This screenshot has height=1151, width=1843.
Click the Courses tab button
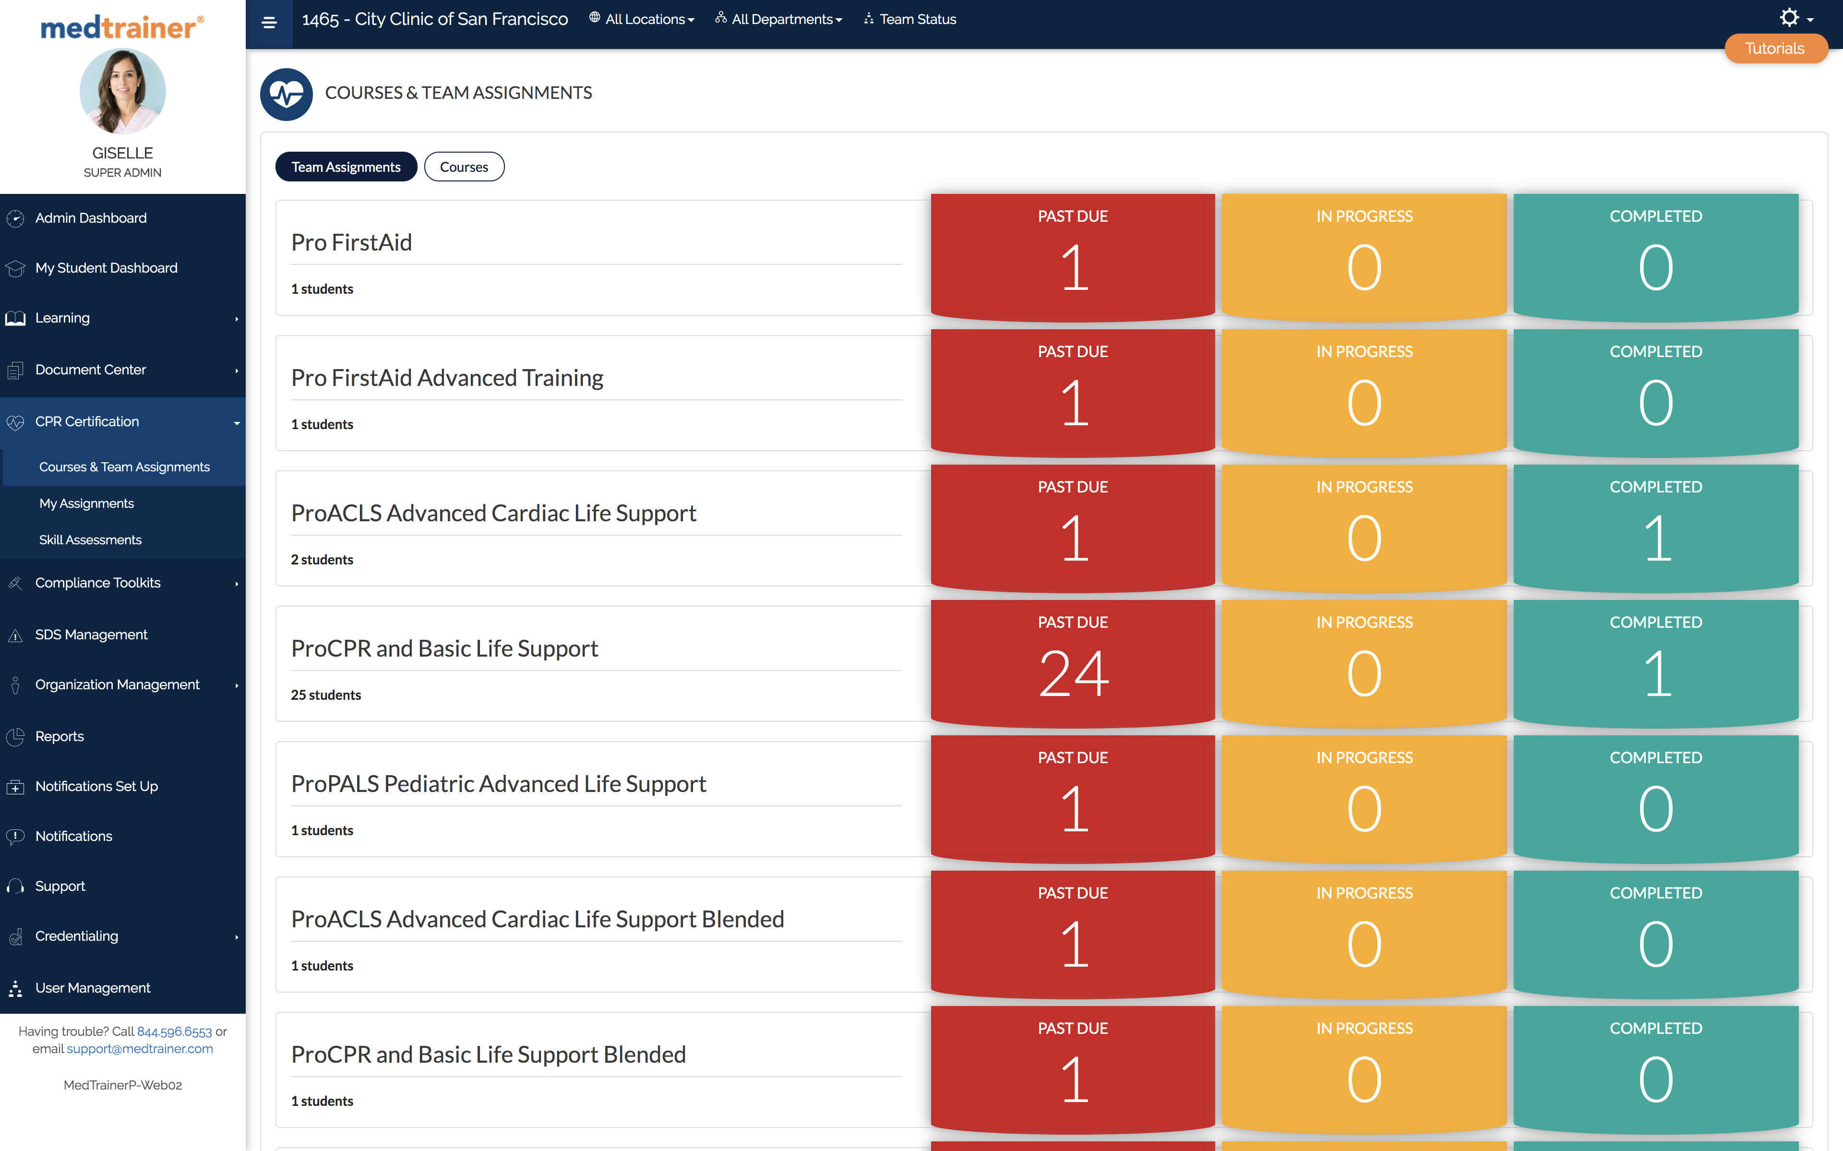coord(464,167)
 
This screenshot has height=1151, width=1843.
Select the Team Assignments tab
coord(346,167)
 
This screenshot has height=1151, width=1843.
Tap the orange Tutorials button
coord(1774,49)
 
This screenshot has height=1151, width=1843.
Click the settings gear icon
coord(1790,17)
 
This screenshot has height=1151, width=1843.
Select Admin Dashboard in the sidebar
coord(91,218)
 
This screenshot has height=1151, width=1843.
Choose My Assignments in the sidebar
coord(86,503)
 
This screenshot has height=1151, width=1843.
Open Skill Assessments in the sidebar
coord(90,540)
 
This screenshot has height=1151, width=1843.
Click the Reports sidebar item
coord(60,736)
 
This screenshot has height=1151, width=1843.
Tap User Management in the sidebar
coord(92,987)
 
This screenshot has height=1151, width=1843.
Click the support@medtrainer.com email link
coord(140,1049)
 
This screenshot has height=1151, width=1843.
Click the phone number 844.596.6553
coord(174,1031)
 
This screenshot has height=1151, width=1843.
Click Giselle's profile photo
coord(122,91)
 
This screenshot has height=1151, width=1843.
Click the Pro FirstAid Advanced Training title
coord(447,378)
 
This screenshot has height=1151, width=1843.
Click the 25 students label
coord(326,695)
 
